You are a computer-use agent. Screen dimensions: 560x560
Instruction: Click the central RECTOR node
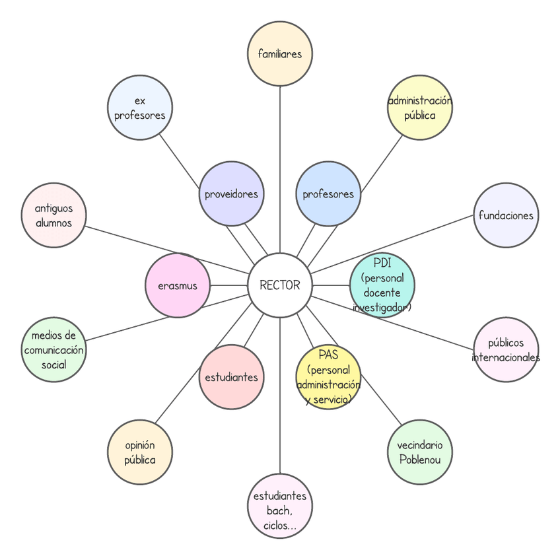click(x=280, y=285)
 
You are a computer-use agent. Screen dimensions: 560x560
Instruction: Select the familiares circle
click(x=280, y=53)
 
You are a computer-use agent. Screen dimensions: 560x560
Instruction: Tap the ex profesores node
click(x=139, y=108)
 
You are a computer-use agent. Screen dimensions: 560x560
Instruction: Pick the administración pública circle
click(x=420, y=108)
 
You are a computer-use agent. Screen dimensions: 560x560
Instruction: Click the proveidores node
click(x=231, y=194)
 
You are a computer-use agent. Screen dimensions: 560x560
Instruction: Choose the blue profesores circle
click(x=328, y=194)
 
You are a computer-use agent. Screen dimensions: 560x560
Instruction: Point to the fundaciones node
click(x=506, y=215)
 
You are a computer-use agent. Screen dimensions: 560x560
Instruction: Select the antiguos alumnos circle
click(x=54, y=215)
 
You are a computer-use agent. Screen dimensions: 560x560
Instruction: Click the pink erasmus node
click(x=177, y=285)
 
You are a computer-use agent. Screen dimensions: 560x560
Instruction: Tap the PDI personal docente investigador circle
click(x=382, y=285)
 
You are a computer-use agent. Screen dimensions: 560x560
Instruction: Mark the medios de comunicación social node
click(x=54, y=350)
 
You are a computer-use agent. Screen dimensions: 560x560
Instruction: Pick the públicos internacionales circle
click(x=506, y=350)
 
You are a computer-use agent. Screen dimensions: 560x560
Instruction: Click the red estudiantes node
click(x=231, y=377)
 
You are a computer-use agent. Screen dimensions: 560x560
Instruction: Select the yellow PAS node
click(x=328, y=377)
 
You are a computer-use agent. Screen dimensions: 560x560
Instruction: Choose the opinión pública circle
click(x=139, y=452)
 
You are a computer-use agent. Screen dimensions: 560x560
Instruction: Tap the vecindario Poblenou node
click(x=420, y=452)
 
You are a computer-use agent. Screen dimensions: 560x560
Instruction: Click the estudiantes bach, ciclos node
click(x=280, y=507)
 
